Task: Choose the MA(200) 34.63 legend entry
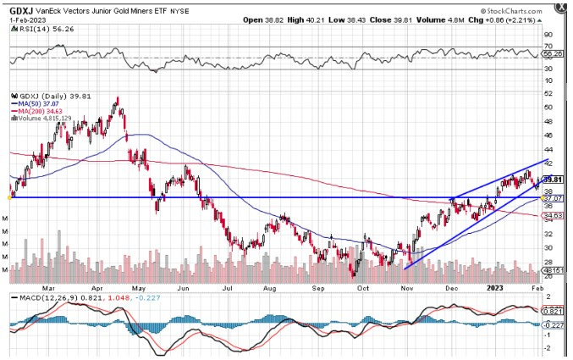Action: point(36,111)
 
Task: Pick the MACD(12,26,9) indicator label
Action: point(38,298)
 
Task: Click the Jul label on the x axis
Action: point(228,287)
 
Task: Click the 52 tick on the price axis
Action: point(548,93)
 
